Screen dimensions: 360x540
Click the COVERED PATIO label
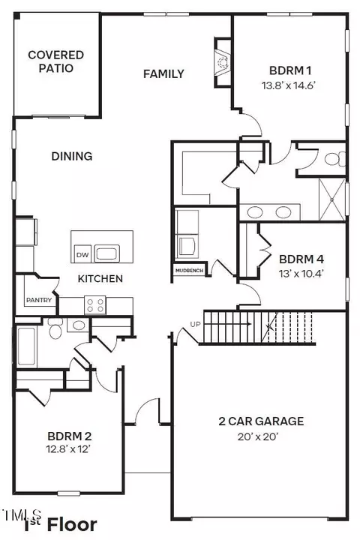coord(55,61)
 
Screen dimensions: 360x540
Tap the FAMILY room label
coord(163,73)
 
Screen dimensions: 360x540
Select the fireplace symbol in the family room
coord(222,62)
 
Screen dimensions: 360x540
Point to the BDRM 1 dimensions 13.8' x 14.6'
coord(289,85)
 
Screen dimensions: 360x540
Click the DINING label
coord(72,156)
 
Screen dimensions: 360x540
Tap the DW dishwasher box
coord(82,255)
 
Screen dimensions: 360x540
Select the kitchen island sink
coord(107,253)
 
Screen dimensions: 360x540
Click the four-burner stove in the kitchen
coord(95,304)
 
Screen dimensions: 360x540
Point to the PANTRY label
coord(39,300)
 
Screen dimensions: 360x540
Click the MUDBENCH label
coord(189,271)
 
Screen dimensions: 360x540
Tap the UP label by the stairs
coord(195,325)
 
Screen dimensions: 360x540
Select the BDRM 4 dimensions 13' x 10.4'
coord(301,274)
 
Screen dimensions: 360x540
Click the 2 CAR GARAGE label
coord(261,421)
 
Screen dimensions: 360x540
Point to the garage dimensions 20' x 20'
coord(258,436)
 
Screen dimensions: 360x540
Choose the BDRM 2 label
coord(70,436)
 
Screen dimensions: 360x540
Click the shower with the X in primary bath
coord(332,199)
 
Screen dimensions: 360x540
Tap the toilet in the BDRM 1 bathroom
coord(334,159)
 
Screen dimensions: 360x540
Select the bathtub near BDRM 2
coord(26,346)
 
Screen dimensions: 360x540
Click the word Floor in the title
coord(72,525)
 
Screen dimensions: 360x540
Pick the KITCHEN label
coord(100,278)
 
